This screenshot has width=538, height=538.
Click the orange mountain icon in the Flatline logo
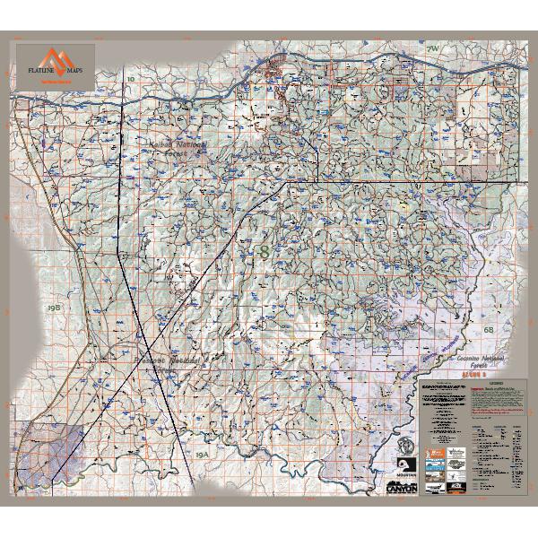(x=56, y=55)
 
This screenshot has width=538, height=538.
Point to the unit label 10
(x=131, y=80)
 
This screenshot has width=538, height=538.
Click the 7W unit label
(x=433, y=48)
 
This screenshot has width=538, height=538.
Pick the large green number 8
(x=263, y=252)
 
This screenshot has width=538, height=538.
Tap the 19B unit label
(x=53, y=307)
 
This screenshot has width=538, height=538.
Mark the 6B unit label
(x=489, y=330)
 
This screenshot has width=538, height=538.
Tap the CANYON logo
(x=401, y=490)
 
